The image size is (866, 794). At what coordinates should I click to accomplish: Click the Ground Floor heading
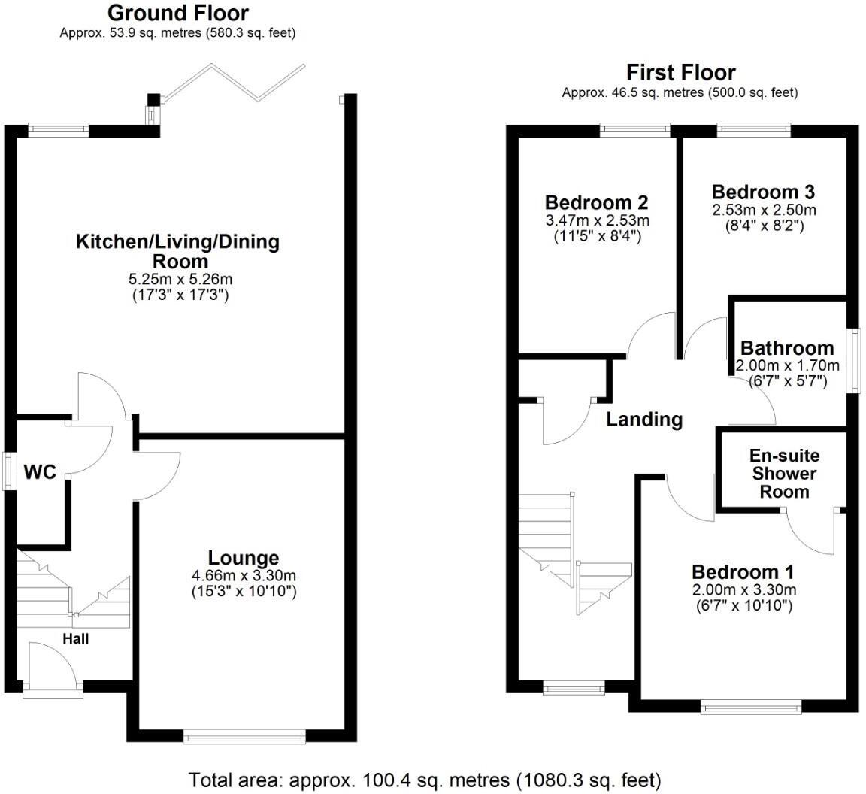177,13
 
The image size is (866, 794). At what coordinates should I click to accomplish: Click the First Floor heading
680,72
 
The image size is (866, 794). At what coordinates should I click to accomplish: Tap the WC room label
40,472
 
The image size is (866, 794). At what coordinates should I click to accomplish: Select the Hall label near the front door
75,639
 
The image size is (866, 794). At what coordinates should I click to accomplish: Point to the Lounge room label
244,558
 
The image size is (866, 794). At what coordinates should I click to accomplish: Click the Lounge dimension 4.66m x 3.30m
244,576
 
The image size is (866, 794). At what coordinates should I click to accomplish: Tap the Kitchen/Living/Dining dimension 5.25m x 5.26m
180,279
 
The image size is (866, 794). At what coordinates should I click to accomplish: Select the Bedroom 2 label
596,203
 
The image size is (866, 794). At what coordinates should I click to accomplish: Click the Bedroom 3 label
763,192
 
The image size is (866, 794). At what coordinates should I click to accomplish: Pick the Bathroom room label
787,348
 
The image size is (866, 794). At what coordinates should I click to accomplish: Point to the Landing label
644,419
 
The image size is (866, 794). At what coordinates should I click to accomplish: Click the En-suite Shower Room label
784,474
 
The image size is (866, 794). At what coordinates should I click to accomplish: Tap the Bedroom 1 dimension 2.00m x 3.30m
743,589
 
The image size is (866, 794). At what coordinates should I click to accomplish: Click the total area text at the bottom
425,779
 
